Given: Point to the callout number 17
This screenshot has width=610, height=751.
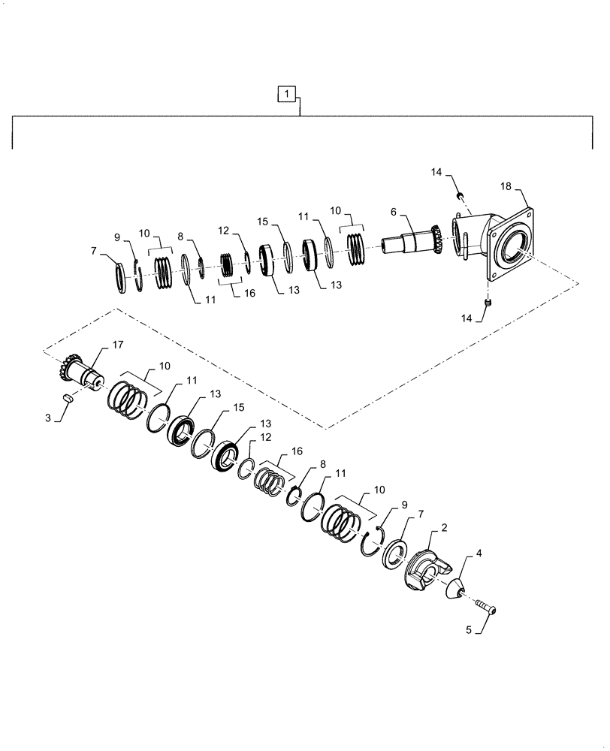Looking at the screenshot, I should [x=117, y=345].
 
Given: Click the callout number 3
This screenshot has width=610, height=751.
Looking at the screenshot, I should [x=48, y=417].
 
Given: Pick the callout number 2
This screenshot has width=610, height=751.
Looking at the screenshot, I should [x=445, y=529].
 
